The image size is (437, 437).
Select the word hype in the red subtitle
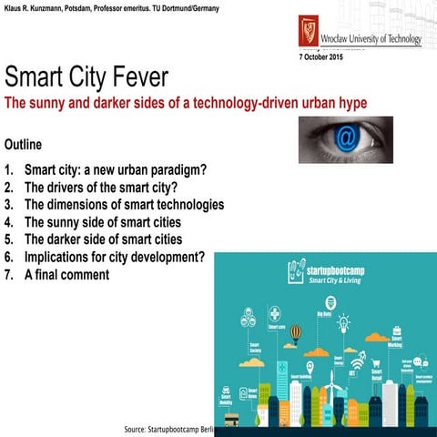(351, 103)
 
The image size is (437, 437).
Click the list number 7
(8, 274)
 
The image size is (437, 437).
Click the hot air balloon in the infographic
(295, 334)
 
